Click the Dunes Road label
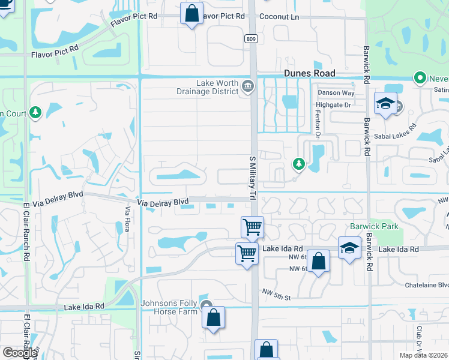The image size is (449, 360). point(309,73)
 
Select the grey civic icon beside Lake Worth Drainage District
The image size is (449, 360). point(247,88)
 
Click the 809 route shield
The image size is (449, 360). point(251,38)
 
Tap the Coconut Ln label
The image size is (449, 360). point(279,17)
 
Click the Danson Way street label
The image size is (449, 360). point(336,92)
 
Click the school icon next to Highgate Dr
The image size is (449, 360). point(385,103)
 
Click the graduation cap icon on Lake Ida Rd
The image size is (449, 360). point(349,247)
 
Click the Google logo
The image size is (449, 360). point(20,353)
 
